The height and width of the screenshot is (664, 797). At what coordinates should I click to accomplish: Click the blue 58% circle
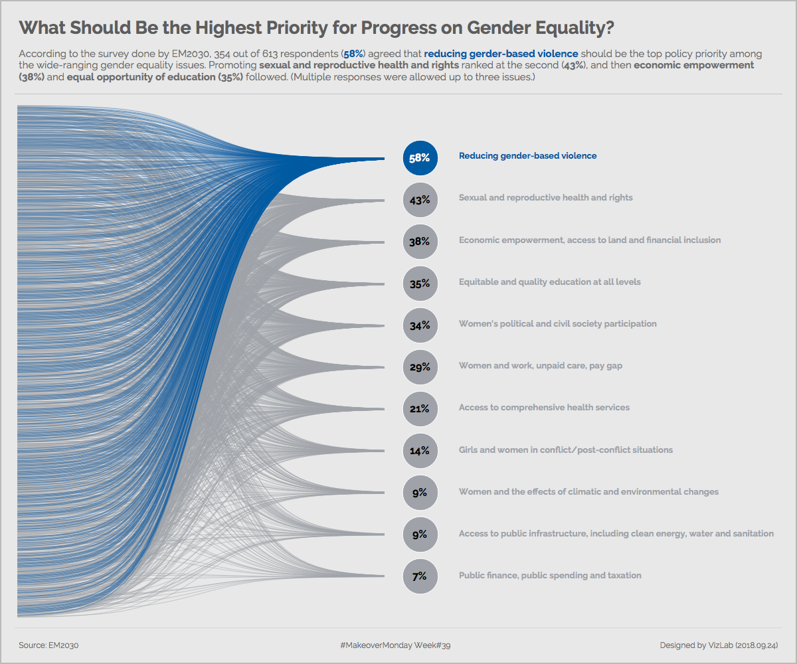click(x=420, y=158)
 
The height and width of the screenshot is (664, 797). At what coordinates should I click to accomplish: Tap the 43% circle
click(x=420, y=200)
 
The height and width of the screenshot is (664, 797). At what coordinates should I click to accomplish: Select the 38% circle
click(x=420, y=242)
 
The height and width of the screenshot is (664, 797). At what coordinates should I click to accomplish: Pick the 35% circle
click(x=420, y=284)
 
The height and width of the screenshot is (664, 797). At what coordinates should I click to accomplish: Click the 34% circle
click(x=420, y=325)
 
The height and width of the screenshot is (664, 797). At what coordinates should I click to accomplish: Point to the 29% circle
click(x=420, y=367)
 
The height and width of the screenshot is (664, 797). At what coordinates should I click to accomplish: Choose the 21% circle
click(x=420, y=408)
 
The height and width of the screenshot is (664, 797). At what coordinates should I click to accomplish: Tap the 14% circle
click(x=420, y=450)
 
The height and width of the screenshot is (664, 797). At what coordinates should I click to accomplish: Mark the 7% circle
click(x=420, y=576)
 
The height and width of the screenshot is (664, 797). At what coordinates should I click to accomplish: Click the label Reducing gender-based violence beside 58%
click(x=527, y=156)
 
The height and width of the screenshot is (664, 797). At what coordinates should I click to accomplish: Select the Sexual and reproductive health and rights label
click(x=545, y=198)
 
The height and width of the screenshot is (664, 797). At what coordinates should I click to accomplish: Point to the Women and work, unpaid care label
click(x=540, y=366)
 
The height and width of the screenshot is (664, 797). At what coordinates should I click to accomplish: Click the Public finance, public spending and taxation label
click(x=550, y=576)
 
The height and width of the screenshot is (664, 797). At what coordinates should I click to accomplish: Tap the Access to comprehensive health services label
click(x=544, y=408)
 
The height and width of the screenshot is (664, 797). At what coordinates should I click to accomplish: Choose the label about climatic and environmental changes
click(x=588, y=492)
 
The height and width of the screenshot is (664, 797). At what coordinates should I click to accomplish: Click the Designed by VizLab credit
click(x=719, y=645)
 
